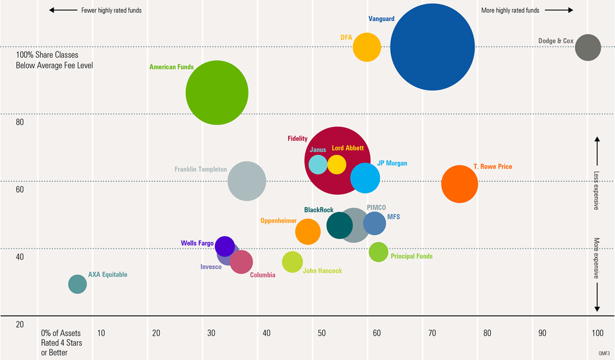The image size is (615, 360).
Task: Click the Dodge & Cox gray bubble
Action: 587,47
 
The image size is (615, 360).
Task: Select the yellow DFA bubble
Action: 367,47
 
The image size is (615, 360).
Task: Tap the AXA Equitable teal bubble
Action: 77,284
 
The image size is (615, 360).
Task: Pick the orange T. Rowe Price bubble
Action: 460,184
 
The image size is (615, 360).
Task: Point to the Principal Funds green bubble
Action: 379,252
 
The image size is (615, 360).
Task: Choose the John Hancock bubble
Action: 293,262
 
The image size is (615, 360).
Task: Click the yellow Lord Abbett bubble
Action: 337,164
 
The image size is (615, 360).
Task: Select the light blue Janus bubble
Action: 318,164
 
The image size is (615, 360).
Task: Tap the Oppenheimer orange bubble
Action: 308,231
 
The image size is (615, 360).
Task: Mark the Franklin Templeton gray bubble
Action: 247,181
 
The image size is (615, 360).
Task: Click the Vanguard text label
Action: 381,19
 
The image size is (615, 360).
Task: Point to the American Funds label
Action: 171,67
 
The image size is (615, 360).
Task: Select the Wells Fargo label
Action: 197,243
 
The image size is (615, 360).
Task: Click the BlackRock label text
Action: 319,210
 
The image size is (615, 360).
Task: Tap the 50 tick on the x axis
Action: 321,333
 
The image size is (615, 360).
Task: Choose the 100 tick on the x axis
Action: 597,333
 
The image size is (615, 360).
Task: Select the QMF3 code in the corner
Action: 604,353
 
